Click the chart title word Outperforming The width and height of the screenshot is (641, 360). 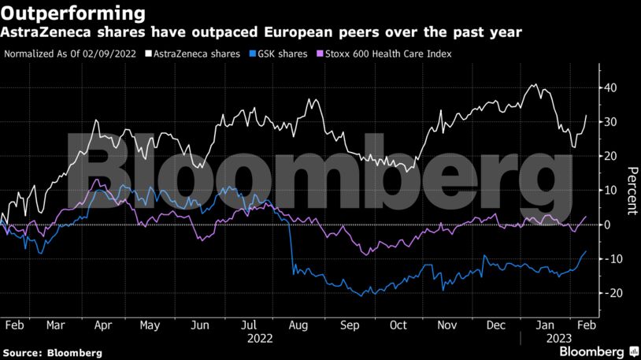(72, 13)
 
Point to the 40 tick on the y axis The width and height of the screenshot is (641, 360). (610, 88)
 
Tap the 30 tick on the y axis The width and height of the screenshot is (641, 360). (610, 122)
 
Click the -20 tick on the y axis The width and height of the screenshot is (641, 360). (608, 293)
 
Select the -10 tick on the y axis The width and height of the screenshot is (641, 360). (608, 259)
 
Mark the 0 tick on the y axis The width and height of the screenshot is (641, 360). (606, 225)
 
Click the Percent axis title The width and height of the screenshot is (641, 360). (631, 191)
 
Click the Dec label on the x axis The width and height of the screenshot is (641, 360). (496, 325)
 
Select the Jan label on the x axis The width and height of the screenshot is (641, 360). (544, 325)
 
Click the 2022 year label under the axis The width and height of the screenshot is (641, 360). (260, 338)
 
